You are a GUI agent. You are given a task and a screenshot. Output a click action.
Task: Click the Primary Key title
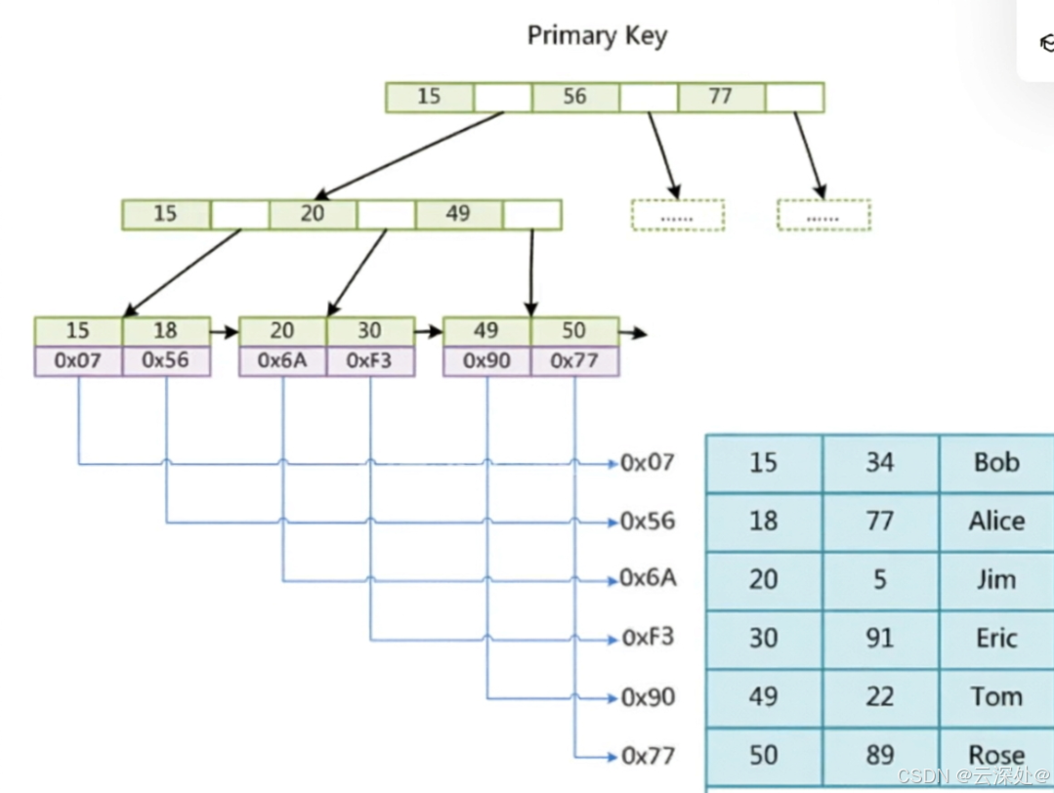(x=597, y=35)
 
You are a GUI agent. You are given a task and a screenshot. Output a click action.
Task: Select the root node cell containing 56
(x=575, y=97)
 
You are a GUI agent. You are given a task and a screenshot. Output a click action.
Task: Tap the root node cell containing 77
(x=721, y=97)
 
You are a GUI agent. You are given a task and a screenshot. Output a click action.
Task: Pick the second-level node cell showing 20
(x=313, y=215)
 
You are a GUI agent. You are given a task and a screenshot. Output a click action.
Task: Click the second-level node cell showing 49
(x=458, y=215)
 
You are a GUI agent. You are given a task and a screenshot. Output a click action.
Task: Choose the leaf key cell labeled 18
(x=166, y=331)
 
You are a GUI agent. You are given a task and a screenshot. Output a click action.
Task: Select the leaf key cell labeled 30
(x=370, y=331)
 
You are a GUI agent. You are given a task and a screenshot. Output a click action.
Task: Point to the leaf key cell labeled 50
(x=574, y=331)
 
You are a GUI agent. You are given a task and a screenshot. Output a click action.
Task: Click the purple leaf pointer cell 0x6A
(x=283, y=361)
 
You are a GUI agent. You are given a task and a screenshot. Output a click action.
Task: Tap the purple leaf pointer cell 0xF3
(x=370, y=361)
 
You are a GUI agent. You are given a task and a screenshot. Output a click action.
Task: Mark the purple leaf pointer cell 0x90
(x=487, y=361)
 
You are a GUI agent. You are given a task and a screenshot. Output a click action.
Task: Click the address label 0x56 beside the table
(x=648, y=522)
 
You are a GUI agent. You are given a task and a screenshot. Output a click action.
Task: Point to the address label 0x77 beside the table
(x=648, y=756)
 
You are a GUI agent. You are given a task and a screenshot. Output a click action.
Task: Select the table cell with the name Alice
(x=997, y=522)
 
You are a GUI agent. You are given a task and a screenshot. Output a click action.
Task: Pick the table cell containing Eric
(x=997, y=639)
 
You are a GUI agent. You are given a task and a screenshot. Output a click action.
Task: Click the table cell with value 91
(x=880, y=639)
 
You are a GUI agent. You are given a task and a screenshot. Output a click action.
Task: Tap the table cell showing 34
(x=880, y=463)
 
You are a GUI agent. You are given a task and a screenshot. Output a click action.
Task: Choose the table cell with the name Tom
(x=997, y=697)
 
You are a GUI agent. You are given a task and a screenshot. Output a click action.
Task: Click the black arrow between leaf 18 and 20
(x=225, y=332)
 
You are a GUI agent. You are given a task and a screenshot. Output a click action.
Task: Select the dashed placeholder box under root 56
(x=678, y=216)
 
